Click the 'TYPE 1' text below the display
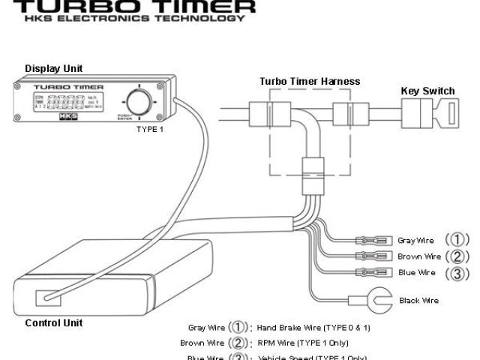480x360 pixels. point(149,129)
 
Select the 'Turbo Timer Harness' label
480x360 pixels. point(310,81)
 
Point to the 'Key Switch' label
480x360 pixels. point(427,91)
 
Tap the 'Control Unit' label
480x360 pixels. point(54,323)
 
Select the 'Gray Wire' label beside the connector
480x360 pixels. point(415,241)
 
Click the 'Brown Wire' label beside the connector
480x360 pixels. point(417,256)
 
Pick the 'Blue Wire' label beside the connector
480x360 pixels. point(416,273)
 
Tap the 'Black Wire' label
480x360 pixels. point(419,301)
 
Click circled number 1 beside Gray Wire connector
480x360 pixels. point(457,240)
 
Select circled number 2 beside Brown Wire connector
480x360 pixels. point(457,256)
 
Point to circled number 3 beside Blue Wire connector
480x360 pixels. point(457,273)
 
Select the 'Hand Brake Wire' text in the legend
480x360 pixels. point(289,328)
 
